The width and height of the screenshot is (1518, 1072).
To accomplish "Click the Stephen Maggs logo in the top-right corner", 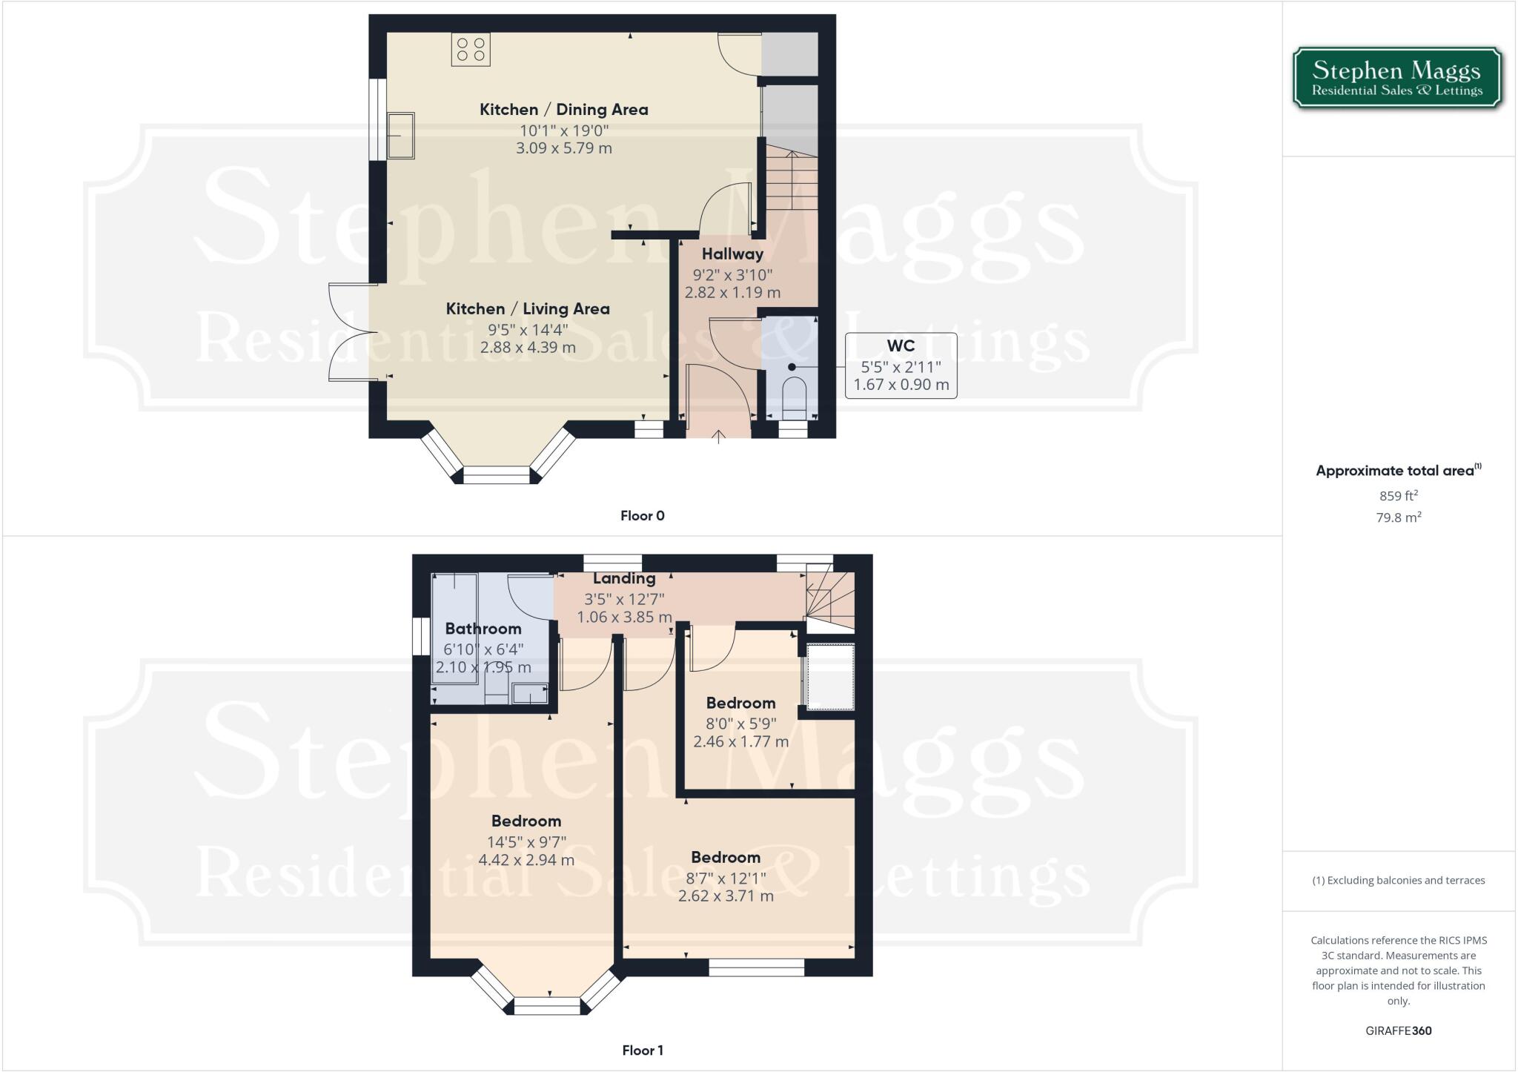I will [x=1397, y=79].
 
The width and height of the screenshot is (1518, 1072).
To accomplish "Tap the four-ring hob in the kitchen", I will [x=471, y=50].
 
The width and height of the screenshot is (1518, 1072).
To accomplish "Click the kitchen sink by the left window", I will [x=401, y=136].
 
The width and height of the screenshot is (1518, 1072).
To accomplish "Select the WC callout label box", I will [x=901, y=365].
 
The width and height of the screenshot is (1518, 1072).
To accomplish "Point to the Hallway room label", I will [x=732, y=254].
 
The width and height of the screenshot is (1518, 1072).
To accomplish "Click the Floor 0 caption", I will [x=642, y=516].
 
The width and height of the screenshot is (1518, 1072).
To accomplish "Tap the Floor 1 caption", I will [x=642, y=1051].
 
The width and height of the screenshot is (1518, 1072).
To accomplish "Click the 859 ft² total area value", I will [x=1398, y=496].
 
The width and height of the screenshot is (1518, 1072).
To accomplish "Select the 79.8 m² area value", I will [x=1398, y=517].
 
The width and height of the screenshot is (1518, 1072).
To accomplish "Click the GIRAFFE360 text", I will [x=1398, y=1030].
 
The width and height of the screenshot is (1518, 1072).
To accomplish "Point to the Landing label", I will [x=624, y=579].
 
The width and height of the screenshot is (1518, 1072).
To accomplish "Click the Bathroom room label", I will [x=483, y=629].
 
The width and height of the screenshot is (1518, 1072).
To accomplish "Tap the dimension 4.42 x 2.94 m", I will [x=526, y=860].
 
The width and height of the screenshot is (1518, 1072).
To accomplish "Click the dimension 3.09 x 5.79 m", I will [x=564, y=148].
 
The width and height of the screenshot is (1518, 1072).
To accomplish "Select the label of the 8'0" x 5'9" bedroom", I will [x=740, y=703].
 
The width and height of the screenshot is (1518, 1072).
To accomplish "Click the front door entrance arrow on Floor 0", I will [x=719, y=437].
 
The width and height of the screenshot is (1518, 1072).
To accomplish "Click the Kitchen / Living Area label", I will [x=528, y=309].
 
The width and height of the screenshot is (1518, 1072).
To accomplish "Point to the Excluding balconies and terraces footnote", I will [x=1398, y=881].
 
